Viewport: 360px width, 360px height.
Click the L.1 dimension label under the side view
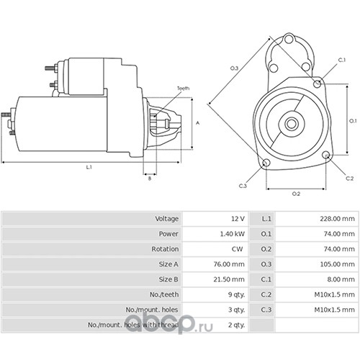[x=89, y=167]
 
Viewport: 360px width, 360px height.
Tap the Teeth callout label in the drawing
[x=184, y=89]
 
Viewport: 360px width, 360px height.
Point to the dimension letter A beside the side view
[x=198, y=123]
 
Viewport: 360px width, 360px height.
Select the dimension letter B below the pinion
[x=150, y=179]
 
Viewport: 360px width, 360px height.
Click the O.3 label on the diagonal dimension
[x=234, y=68]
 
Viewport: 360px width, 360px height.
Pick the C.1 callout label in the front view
[x=342, y=60]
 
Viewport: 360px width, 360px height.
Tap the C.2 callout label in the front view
[x=350, y=179]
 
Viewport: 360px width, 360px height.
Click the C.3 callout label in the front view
[x=243, y=186]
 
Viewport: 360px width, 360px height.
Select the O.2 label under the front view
[x=296, y=194]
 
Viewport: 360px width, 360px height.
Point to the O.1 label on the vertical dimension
[x=353, y=121]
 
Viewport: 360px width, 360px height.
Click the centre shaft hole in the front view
[x=292, y=124]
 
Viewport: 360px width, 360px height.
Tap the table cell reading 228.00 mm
[x=337, y=219]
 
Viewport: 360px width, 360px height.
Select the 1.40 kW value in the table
[x=233, y=234]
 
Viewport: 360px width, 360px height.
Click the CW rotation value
[x=238, y=249]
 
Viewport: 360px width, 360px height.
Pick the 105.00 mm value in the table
[x=337, y=264]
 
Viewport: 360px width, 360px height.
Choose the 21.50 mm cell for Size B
[x=229, y=279]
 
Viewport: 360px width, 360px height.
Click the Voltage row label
[x=167, y=219]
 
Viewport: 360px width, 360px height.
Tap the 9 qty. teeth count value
[x=236, y=294]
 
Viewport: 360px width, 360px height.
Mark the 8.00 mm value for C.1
[x=341, y=279]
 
